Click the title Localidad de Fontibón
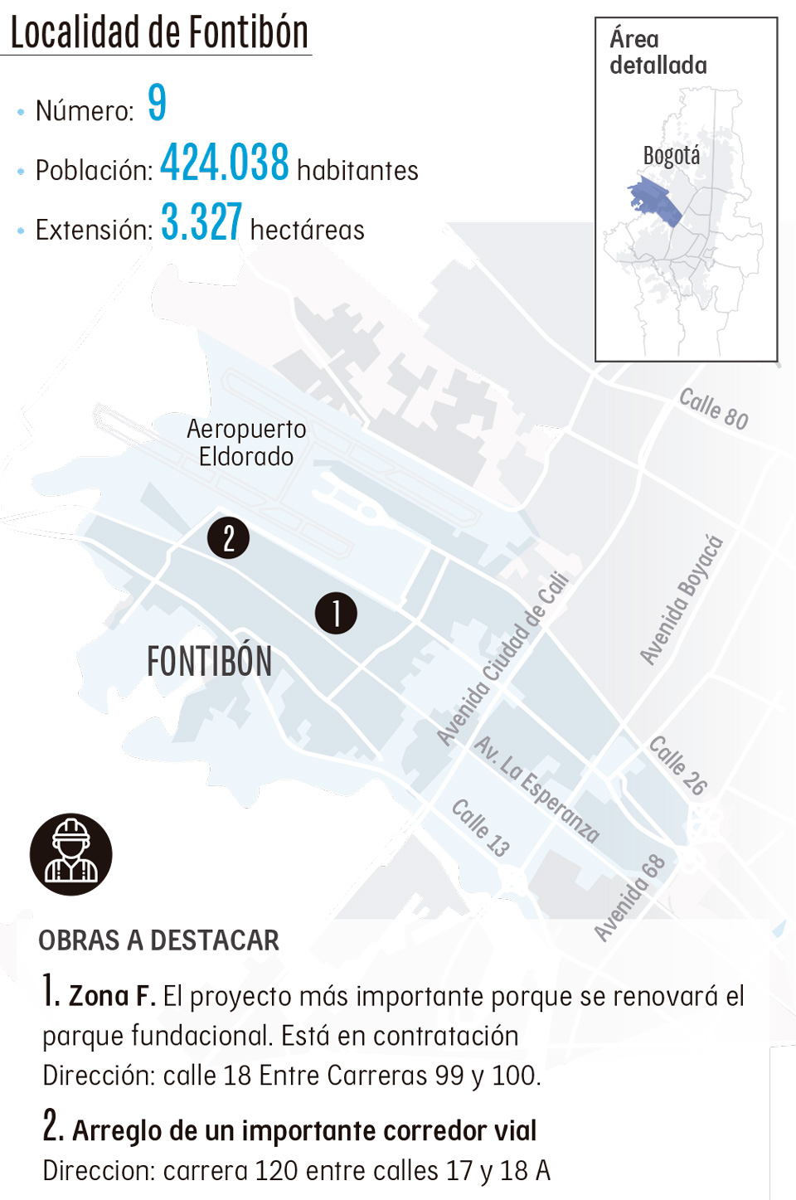(x=158, y=33)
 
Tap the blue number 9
(x=157, y=103)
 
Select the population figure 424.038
(x=224, y=163)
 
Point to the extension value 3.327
(x=201, y=222)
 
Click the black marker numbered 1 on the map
(x=336, y=614)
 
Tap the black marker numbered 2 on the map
(x=229, y=537)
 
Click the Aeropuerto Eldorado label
(x=246, y=443)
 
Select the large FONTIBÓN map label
(x=209, y=662)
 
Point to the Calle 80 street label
(x=713, y=409)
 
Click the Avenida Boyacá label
(x=682, y=600)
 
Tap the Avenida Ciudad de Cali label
(x=503, y=659)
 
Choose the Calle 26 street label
(x=677, y=765)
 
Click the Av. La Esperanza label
(x=536, y=789)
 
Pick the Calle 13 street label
(x=480, y=827)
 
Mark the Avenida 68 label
(x=630, y=898)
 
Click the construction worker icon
(x=71, y=854)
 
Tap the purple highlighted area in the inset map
(x=655, y=202)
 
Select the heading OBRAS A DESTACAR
(x=158, y=940)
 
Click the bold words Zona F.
(x=112, y=995)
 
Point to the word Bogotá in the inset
(x=671, y=156)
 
